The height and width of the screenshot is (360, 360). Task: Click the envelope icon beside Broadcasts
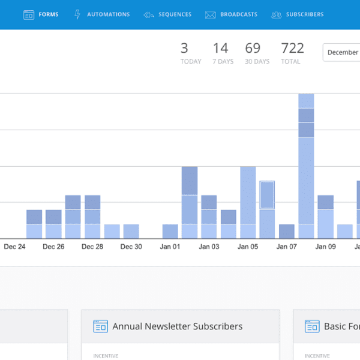point(210,14)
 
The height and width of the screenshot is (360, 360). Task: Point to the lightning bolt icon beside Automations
point(77,14)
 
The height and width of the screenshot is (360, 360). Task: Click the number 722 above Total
point(292,48)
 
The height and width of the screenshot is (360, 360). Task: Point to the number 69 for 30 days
point(253,48)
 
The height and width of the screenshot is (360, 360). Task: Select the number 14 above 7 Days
point(220,48)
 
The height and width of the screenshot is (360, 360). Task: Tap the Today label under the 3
point(191,62)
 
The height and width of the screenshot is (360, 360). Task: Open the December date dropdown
point(341,52)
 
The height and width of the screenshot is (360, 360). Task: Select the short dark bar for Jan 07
point(287,232)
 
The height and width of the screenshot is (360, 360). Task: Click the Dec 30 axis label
point(131,247)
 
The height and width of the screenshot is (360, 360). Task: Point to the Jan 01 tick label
point(170,247)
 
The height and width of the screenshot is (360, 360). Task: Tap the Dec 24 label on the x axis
point(14,247)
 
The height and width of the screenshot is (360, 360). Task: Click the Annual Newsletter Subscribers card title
point(177,326)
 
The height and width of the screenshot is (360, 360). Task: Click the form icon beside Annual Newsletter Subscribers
point(100,326)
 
